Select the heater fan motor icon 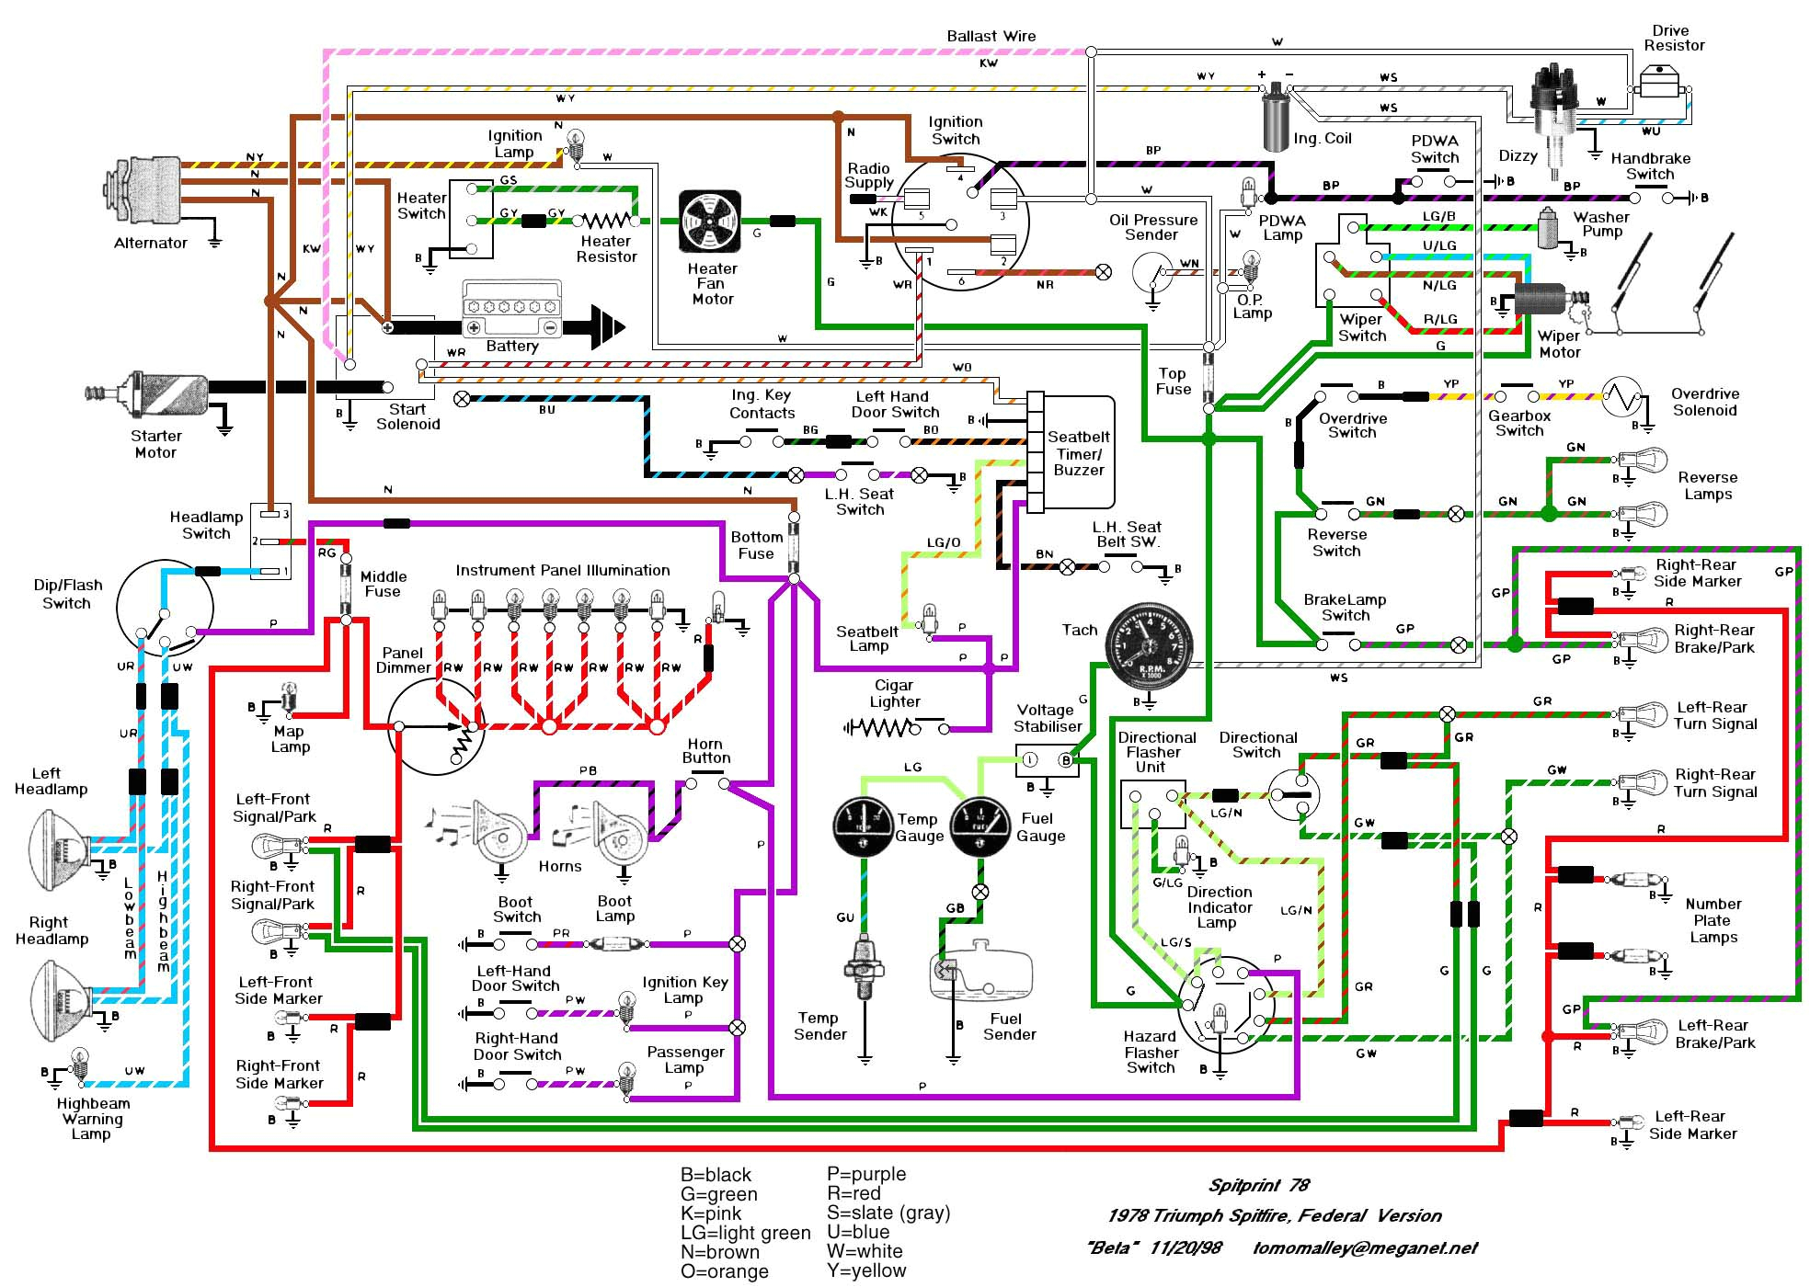tap(710, 222)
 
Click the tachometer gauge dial tap(1148, 649)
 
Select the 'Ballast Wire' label tap(991, 36)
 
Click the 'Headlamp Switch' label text tap(206, 525)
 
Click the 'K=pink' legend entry tap(710, 1213)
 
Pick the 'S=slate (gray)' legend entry tap(888, 1213)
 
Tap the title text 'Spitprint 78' tap(1258, 1185)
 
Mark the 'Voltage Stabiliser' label tap(1047, 718)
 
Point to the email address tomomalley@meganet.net tap(1364, 1248)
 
